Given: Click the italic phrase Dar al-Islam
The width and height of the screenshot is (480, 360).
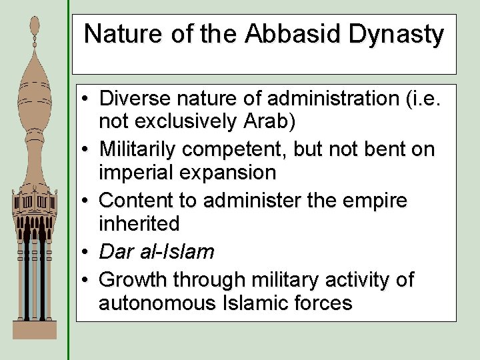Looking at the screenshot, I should [157, 251].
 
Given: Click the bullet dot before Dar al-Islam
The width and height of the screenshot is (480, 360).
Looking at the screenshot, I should [88, 252].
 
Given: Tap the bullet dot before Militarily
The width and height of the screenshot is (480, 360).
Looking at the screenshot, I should [88, 149].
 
